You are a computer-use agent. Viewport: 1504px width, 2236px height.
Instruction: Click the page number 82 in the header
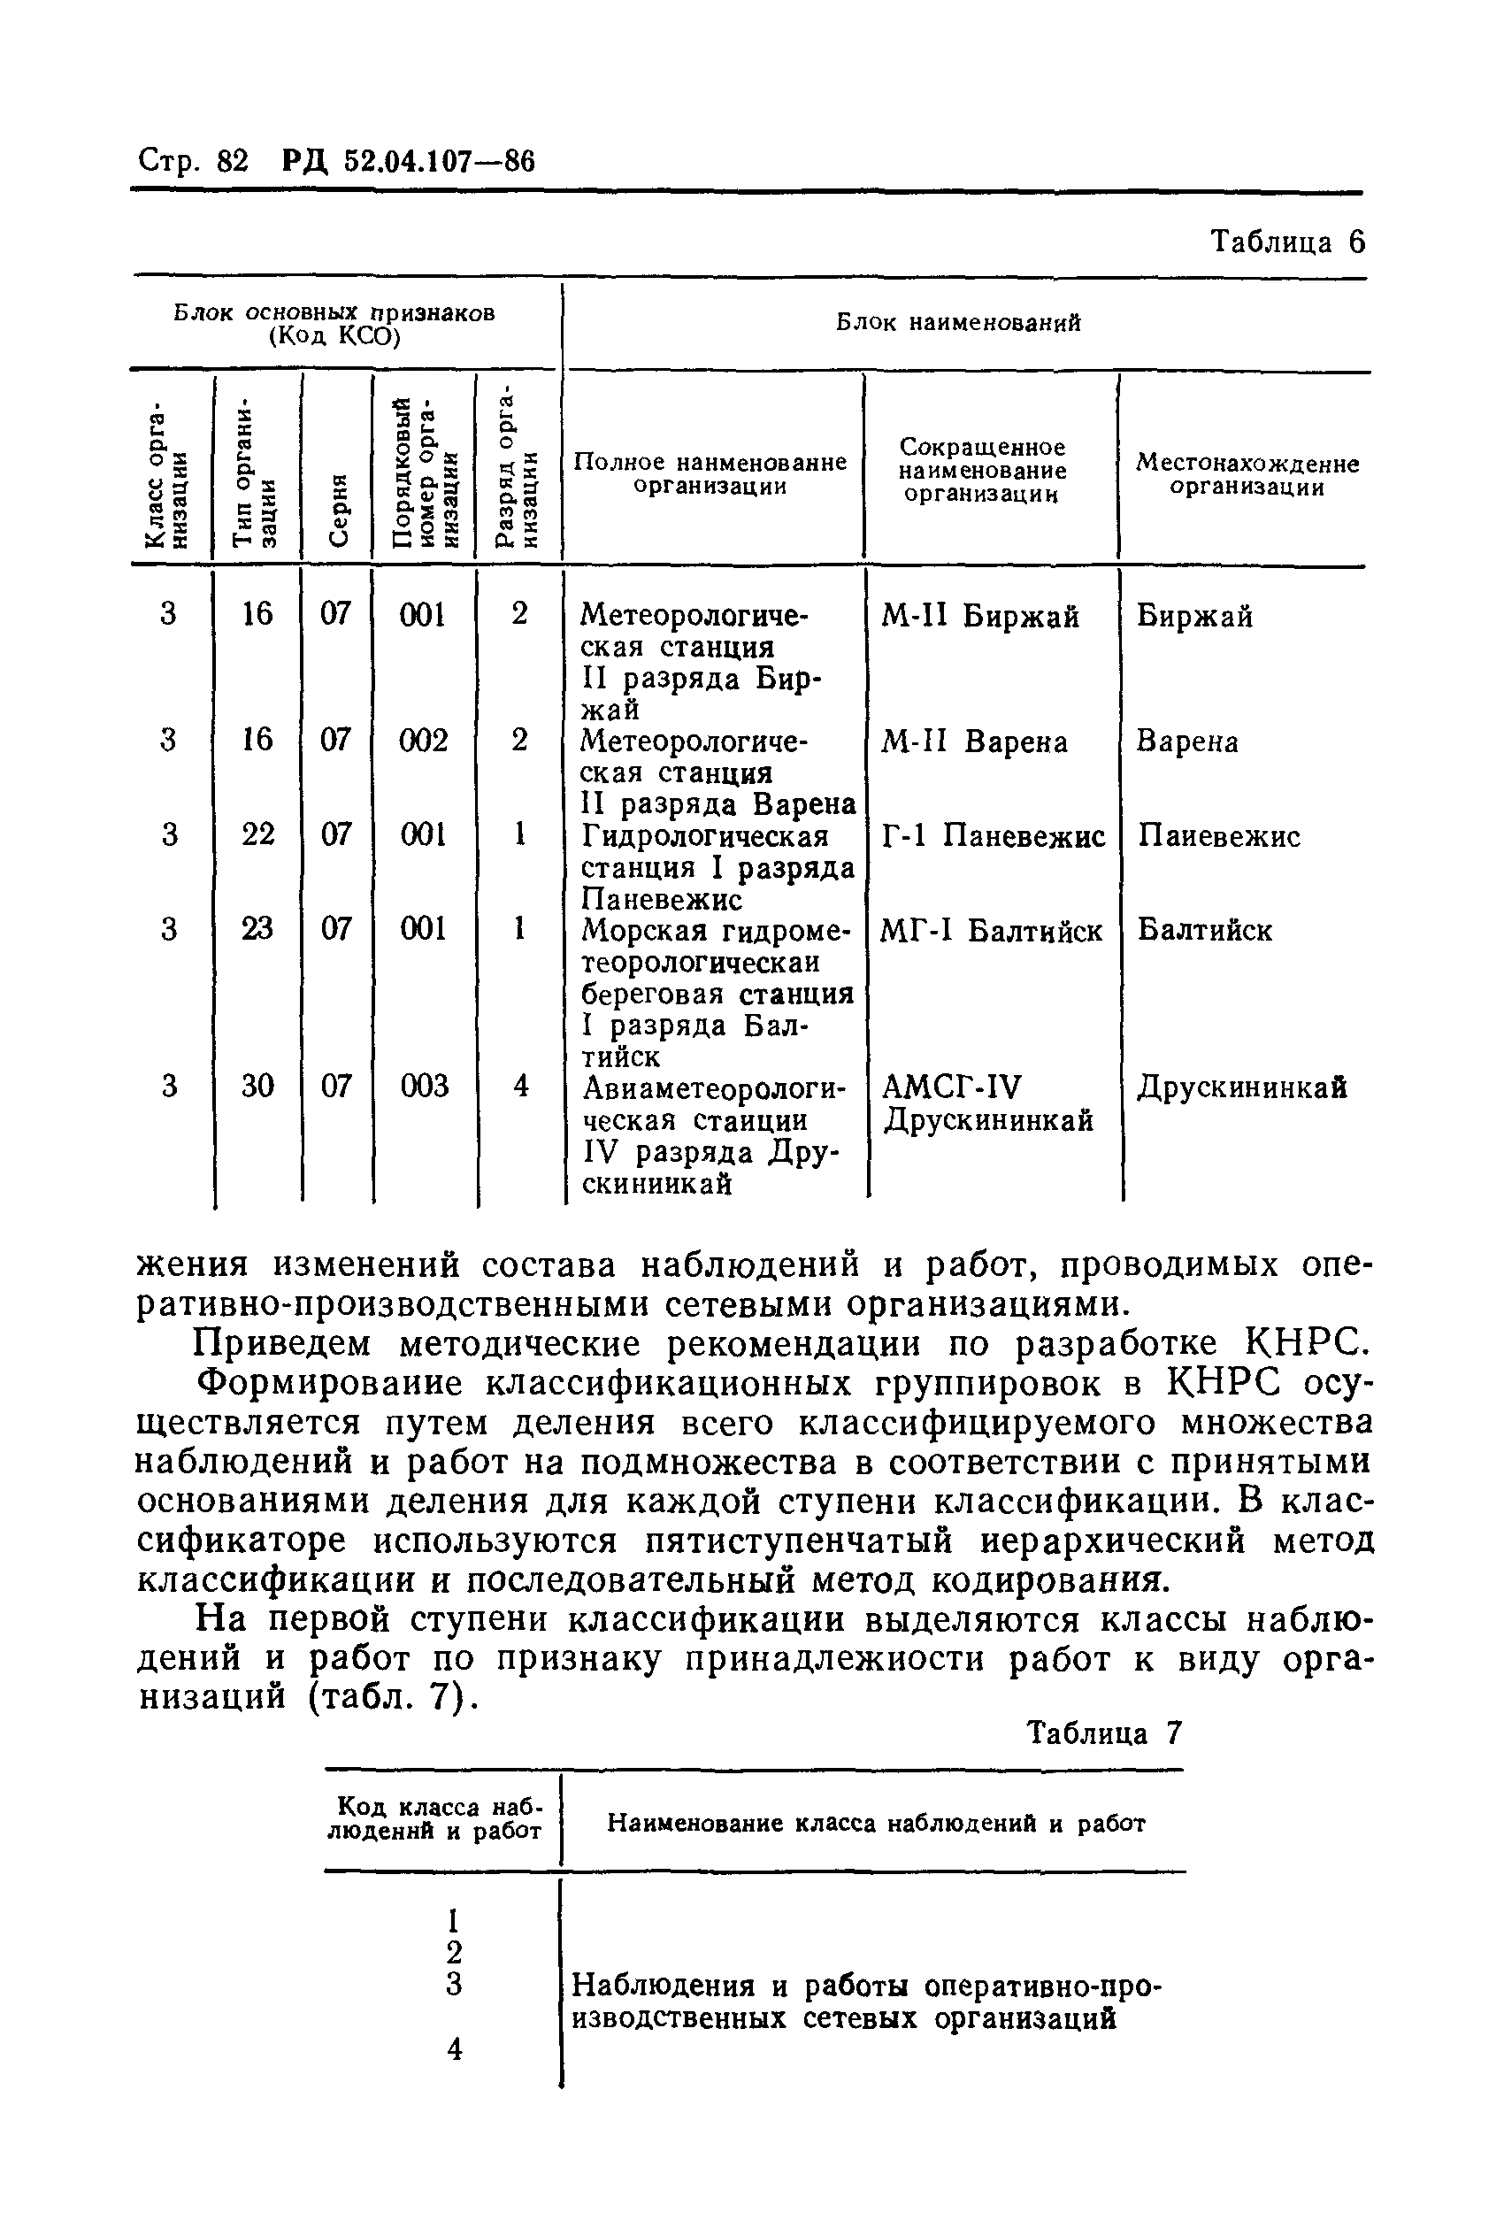tap(232, 161)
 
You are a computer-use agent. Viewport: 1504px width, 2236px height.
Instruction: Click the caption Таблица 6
tap(1286, 242)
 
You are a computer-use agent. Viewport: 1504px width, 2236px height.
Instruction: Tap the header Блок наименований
tap(958, 323)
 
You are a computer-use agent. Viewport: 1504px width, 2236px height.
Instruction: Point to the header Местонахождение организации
tap(1247, 475)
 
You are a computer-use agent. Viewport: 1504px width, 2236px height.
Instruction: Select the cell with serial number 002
tap(423, 741)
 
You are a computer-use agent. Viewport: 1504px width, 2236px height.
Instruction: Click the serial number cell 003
tap(423, 1086)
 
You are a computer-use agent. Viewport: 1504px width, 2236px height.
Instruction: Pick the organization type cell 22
tap(257, 834)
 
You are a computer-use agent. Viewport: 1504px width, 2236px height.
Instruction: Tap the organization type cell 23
tap(257, 928)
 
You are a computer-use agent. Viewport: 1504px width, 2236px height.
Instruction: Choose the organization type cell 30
tap(257, 1086)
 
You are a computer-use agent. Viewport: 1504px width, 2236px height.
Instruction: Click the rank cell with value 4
tap(521, 1086)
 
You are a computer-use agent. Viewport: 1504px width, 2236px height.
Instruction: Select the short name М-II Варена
tap(973, 741)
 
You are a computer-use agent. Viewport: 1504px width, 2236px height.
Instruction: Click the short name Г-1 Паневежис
tap(993, 836)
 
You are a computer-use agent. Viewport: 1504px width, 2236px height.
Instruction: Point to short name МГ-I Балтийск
tap(991, 931)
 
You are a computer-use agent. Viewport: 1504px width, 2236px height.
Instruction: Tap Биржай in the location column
tap(1194, 616)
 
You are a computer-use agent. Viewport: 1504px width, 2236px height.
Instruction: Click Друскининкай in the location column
tap(1242, 1087)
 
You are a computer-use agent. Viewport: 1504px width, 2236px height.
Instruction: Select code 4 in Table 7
tap(455, 2049)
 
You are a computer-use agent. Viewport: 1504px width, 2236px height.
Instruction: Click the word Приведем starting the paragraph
tap(282, 1344)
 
